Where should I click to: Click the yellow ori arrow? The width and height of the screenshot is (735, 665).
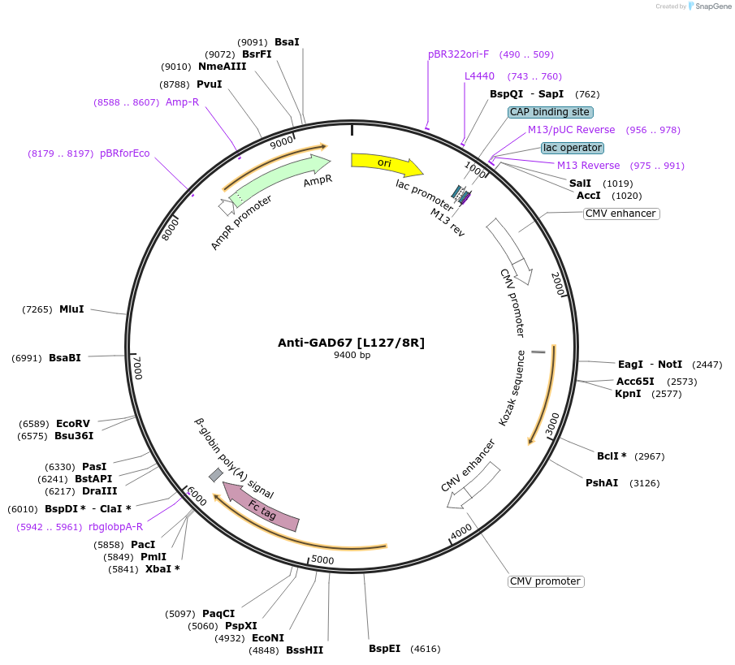tap(385, 163)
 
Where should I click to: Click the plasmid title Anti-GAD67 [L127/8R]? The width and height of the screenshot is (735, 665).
tap(351, 343)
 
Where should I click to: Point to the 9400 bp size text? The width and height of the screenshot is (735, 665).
tap(352, 355)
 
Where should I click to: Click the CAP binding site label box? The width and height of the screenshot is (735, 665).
tap(551, 112)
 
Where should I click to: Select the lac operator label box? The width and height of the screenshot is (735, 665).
tap(573, 148)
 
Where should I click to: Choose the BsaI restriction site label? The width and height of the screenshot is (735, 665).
tap(287, 42)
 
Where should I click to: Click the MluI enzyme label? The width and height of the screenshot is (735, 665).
tap(71, 309)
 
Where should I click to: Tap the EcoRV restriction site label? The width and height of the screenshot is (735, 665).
tap(73, 424)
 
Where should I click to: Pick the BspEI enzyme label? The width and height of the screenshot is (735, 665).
tap(384, 649)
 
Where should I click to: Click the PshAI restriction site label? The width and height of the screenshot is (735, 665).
tap(602, 483)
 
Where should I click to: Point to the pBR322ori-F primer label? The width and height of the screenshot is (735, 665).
tap(458, 54)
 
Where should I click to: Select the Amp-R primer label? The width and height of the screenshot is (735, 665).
tap(182, 102)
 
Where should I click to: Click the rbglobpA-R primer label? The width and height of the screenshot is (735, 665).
tap(116, 527)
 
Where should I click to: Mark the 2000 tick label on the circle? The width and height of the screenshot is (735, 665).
tap(558, 285)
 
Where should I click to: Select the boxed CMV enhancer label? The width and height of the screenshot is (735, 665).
tap(621, 214)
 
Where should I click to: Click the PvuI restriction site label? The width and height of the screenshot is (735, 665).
tap(209, 84)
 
